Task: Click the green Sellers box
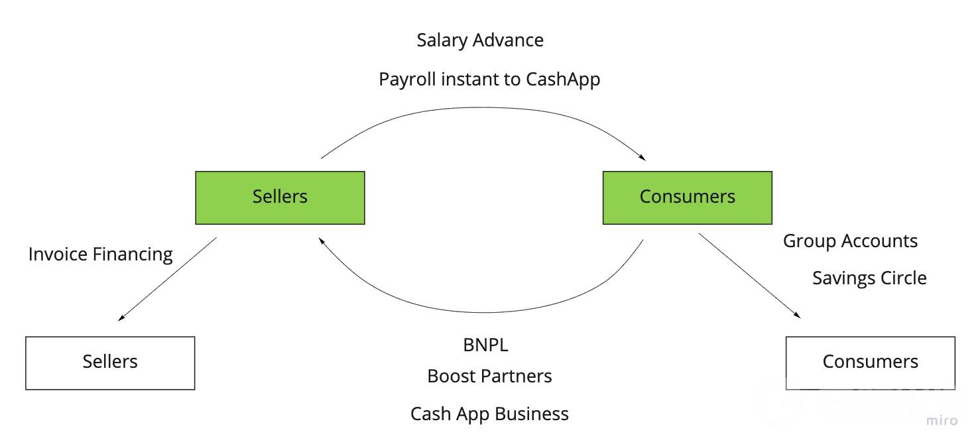coord(280,197)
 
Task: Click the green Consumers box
coord(688,197)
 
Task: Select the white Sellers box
coord(110,363)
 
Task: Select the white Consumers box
coord(870,363)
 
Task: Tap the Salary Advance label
coord(480,40)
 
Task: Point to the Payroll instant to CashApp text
coord(489,80)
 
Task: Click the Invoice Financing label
coord(101,254)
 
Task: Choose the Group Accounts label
coord(850,241)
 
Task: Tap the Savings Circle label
coord(869,278)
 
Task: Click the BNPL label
coord(485,345)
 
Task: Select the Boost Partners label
coord(489,376)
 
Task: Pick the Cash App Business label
coord(489,414)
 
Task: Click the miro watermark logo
coord(942,420)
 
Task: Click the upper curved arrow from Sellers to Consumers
coord(481,107)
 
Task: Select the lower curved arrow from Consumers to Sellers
coord(481,312)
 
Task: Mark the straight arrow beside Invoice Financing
coord(167,279)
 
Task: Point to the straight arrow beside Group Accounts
coord(749,276)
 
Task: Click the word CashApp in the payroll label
coord(563,80)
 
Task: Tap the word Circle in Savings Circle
coord(904,278)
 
